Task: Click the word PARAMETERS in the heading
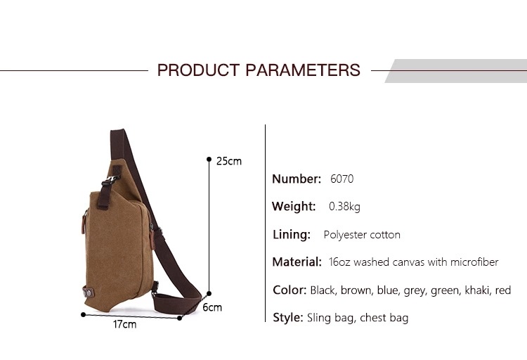click(303, 70)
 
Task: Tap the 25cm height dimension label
click(229, 161)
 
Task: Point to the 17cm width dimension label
click(124, 324)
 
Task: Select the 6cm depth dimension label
click(212, 307)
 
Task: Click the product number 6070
click(341, 179)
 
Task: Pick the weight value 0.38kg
click(344, 206)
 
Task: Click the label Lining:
click(292, 234)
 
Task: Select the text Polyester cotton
click(362, 235)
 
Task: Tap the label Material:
click(297, 262)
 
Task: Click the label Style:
click(288, 318)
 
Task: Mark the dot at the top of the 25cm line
click(209, 159)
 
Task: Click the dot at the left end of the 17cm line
click(84, 314)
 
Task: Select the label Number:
click(297, 179)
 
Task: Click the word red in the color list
click(503, 290)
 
